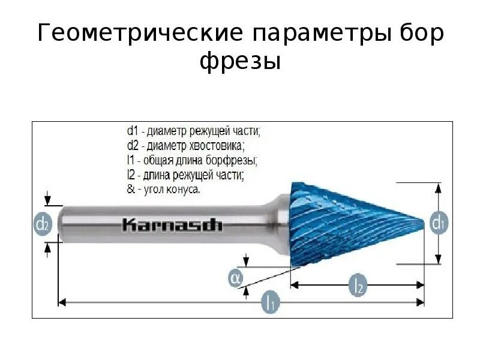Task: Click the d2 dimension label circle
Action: tap(41, 225)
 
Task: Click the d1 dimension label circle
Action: tap(438, 224)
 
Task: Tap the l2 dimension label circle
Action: tap(358, 284)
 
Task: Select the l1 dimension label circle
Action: tap(271, 302)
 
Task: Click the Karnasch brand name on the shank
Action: tap(172, 225)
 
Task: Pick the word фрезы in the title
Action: tap(240, 61)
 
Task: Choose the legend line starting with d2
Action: tap(186, 145)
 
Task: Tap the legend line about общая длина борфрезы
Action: tap(192, 160)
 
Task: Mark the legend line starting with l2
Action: tap(185, 175)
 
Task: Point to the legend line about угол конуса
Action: tap(163, 190)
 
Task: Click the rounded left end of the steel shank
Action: tap(63, 224)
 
